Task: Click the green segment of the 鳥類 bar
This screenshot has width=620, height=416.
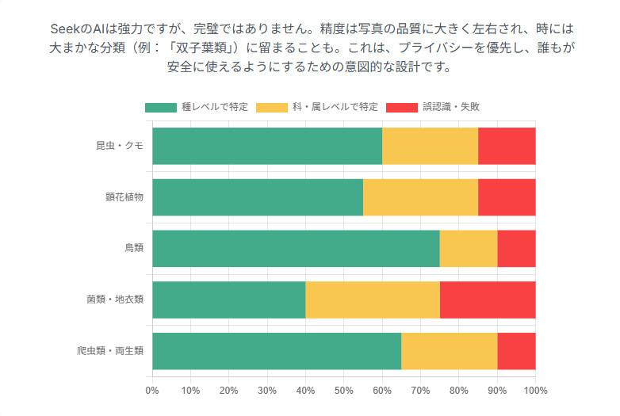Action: point(296,249)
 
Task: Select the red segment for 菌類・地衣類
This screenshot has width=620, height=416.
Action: point(488,300)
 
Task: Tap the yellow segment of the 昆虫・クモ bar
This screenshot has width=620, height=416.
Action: point(430,146)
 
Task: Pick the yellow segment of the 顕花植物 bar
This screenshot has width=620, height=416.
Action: point(420,197)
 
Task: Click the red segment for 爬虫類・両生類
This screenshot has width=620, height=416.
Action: point(516,351)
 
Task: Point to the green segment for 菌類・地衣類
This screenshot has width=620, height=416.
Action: point(228,300)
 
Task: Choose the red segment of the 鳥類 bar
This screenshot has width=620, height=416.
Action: point(516,249)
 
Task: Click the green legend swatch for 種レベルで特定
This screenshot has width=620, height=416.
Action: point(161,107)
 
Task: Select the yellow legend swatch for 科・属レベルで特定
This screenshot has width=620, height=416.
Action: point(274,107)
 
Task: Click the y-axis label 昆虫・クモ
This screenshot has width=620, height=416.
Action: point(119,146)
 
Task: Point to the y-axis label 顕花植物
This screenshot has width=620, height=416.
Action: point(124,197)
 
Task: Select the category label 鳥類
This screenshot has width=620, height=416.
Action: point(133,249)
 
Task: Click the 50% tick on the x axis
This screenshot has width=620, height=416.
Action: point(343,390)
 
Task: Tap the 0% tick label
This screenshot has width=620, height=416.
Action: point(152,390)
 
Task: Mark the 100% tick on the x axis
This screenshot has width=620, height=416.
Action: point(535,390)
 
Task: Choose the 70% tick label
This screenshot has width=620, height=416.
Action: point(420,390)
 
